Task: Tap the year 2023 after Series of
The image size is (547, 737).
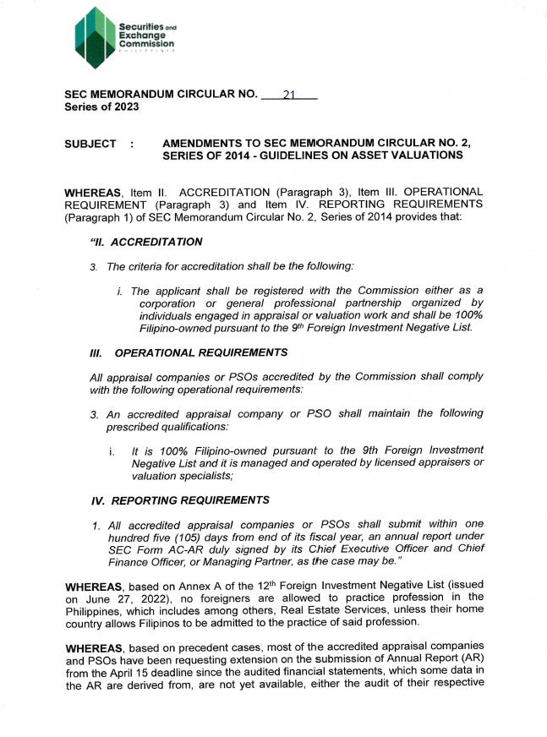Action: point(125,107)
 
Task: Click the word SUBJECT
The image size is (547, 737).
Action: point(90,145)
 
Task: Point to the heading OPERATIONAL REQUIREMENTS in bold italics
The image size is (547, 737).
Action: point(201,352)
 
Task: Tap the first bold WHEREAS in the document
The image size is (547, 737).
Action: point(95,194)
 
